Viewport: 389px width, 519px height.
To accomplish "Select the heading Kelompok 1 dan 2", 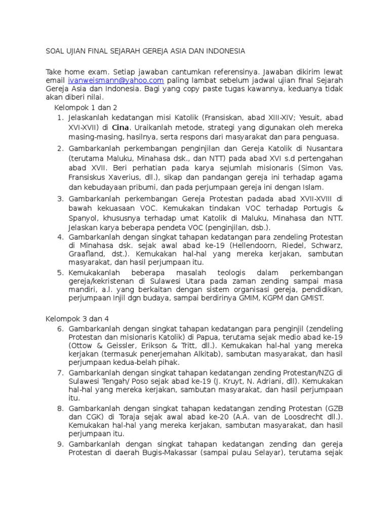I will (x=86, y=107).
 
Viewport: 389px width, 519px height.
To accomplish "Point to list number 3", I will (x=60, y=199).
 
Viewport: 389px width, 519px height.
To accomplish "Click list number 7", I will (x=60, y=373).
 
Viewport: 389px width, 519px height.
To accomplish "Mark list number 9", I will (x=60, y=444).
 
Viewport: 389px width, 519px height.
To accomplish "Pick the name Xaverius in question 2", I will (x=119, y=177).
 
